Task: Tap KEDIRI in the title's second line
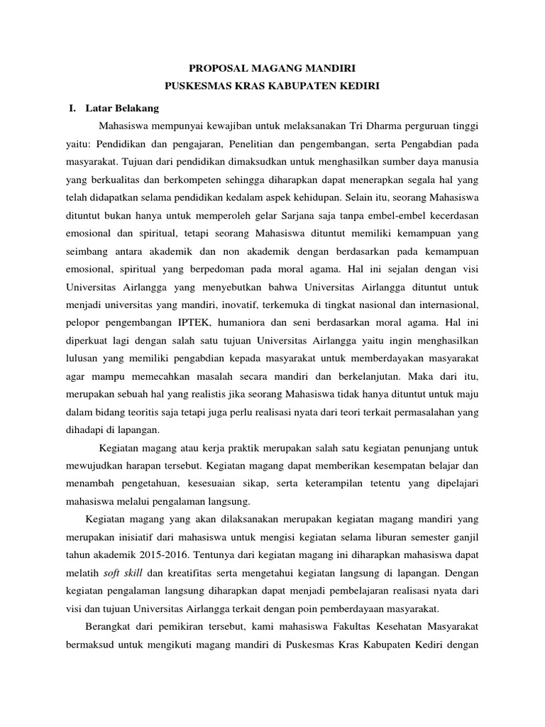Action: (x=359, y=86)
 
